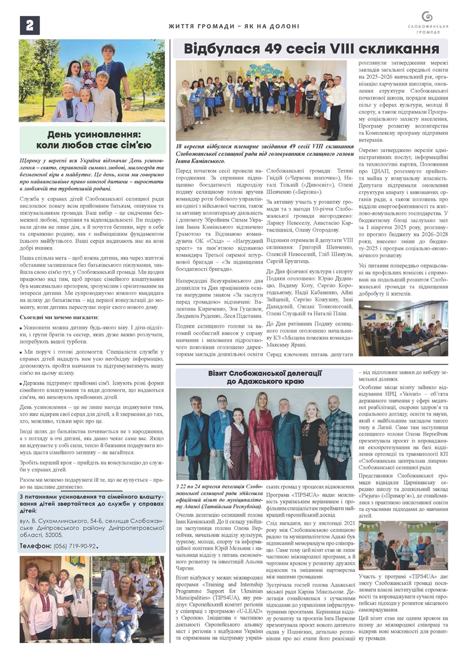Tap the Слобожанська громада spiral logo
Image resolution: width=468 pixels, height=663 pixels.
coord(428,17)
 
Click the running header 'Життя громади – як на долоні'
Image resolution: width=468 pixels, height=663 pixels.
coord(234,26)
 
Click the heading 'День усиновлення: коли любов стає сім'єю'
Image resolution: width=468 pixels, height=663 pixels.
coord(93,140)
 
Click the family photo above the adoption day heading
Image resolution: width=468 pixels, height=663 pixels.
coord(92,81)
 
